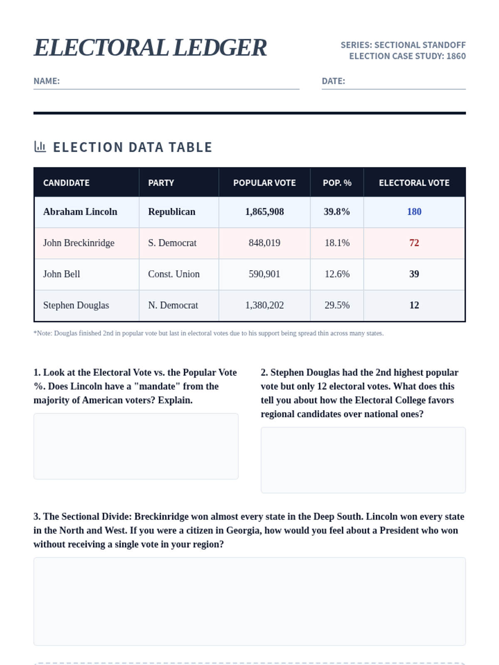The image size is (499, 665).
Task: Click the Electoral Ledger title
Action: tap(150, 48)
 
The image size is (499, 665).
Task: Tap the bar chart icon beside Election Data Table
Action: tap(40, 147)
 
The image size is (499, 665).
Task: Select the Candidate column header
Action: tap(67, 183)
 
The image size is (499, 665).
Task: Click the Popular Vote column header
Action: tap(264, 183)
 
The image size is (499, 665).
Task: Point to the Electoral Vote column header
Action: tap(414, 183)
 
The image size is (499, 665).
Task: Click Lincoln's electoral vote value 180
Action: tap(414, 212)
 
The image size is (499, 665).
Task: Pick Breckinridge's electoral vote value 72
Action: tap(414, 243)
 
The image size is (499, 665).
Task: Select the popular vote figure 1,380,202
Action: tap(264, 305)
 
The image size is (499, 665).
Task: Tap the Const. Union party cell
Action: tap(174, 274)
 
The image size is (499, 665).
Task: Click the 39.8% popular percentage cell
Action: tap(337, 212)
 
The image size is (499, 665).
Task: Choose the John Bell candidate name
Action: tap(62, 274)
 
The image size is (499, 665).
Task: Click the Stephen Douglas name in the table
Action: tap(76, 305)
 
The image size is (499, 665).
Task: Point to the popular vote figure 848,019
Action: tap(264, 243)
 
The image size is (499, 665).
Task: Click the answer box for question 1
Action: tap(136, 446)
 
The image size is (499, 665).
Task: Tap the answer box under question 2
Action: tap(363, 460)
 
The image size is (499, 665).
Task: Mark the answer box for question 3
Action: tap(249, 601)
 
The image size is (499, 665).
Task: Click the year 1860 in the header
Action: tap(456, 56)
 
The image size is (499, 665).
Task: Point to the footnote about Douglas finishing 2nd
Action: tap(208, 333)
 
